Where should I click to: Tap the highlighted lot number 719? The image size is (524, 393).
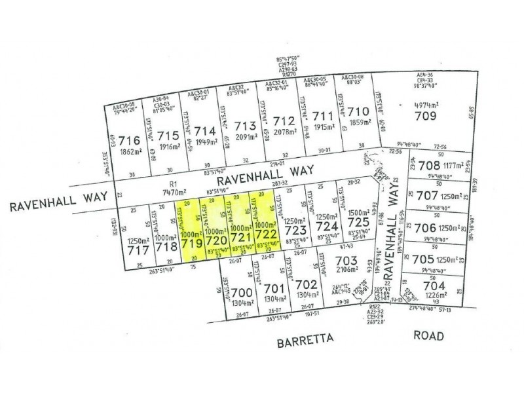point(191,243)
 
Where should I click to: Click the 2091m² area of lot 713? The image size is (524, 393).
point(244,138)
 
